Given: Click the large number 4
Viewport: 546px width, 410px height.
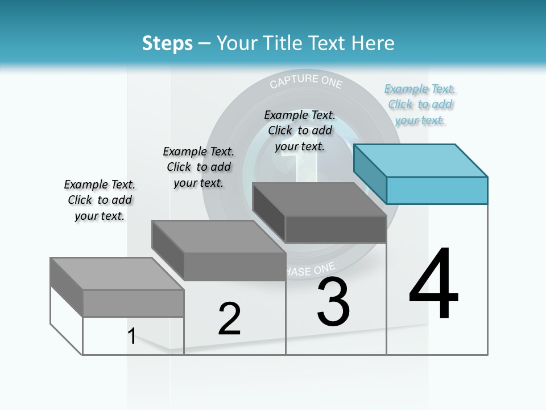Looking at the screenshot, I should click(x=433, y=284).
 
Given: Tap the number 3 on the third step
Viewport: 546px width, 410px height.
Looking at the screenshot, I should click(x=333, y=302).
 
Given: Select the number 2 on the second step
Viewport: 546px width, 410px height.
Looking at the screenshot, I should click(x=229, y=319).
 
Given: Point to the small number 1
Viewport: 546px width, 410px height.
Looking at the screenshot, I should click(x=132, y=336).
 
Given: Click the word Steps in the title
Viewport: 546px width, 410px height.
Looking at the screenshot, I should click(x=167, y=43).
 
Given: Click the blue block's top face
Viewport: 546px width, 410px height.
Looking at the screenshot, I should click(x=421, y=160).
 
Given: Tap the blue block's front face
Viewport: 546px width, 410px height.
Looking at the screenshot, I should click(x=437, y=190).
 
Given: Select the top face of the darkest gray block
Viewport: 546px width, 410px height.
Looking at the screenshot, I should click(x=318, y=199).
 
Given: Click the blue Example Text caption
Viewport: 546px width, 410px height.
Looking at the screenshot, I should click(x=420, y=105).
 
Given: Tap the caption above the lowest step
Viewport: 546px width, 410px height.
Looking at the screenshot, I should click(x=100, y=200).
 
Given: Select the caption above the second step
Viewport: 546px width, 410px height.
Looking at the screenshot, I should click(x=198, y=167).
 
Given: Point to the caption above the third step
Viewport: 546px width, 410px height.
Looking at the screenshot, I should click(x=300, y=130).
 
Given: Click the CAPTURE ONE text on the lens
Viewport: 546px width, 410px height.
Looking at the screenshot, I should click(x=306, y=81).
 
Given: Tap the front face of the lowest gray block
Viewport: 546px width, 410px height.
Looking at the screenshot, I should click(x=133, y=303).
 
